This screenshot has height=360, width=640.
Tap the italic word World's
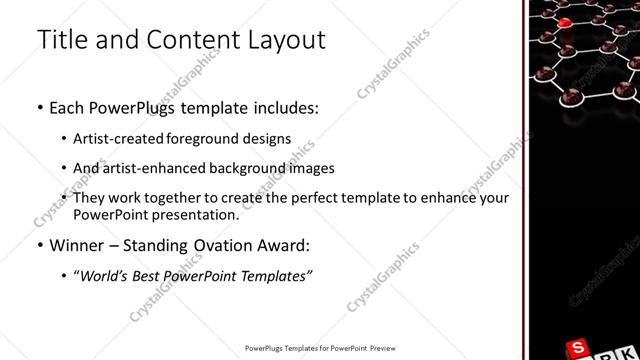[104, 275]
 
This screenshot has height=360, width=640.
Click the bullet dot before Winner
[39, 245]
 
